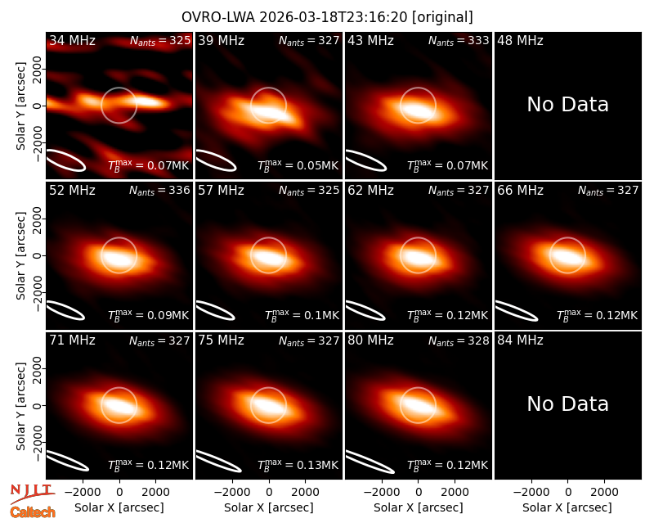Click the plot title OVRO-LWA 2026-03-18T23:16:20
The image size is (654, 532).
click(x=295, y=17)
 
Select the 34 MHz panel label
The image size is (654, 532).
click(x=72, y=40)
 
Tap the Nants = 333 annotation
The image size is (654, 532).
click(x=459, y=40)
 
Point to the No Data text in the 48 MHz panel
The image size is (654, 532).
click(x=567, y=104)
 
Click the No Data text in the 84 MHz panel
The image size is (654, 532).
click(x=567, y=404)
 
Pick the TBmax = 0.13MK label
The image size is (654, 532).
click(x=298, y=465)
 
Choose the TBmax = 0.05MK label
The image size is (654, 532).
click(x=298, y=165)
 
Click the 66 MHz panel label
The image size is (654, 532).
click(x=520, y=191)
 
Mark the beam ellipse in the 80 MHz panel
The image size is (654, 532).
click(x=370, y=462)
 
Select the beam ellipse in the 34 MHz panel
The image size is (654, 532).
click(x=65, y=160)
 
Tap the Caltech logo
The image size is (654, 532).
click(x=33, y=512)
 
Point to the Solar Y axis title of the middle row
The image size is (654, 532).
click(x=20, y=255)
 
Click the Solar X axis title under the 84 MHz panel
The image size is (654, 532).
click(x=567, y=507)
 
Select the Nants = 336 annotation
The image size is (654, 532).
click(x=159, y=191)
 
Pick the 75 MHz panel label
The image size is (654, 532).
click(x=221, y=340)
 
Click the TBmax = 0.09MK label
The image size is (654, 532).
click(x=149, y=315)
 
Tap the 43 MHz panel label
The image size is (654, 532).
click(x=371, y=40)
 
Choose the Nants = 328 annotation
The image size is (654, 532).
click(x=459, y=340)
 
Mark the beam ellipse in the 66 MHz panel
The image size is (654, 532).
click(x=516, y=311)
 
